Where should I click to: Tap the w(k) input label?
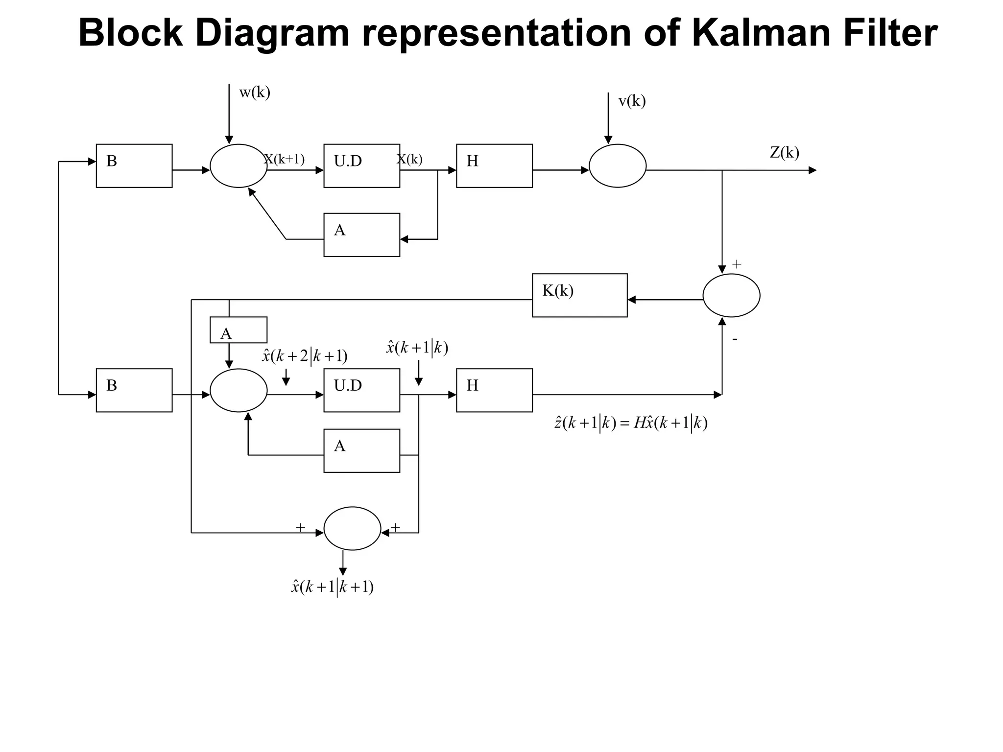click(x=255, y=93)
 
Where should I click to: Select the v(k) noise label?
click(x=632, y=101)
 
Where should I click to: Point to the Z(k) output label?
click(x=784, y=153)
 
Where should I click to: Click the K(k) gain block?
click(x=579, y=295)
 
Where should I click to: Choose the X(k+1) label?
click(x=285, y=159)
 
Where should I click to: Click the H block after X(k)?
click(x=494, y=165)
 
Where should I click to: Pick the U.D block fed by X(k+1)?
click(x=361, y=165)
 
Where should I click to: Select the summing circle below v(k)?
click(x=617, y=165)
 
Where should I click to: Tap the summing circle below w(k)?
click(x=239, y=165)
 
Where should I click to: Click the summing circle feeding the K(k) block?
click(x=731, y=295)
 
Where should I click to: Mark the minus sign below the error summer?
click(x=735, y=339)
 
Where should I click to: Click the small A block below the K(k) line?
click(x=238, y=330)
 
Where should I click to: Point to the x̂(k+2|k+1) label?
click(x=305, y=356)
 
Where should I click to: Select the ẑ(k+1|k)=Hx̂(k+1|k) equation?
click(x=631, y=423)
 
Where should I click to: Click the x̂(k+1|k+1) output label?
click(x=332, y=587)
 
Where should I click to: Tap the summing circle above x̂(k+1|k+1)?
click(x=352, y=528)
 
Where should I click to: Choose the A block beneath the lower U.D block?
click(x=361, y=450)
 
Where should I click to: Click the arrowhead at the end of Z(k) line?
click(x=812, y=170)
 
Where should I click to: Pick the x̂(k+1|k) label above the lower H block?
click(x=417, y=348)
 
